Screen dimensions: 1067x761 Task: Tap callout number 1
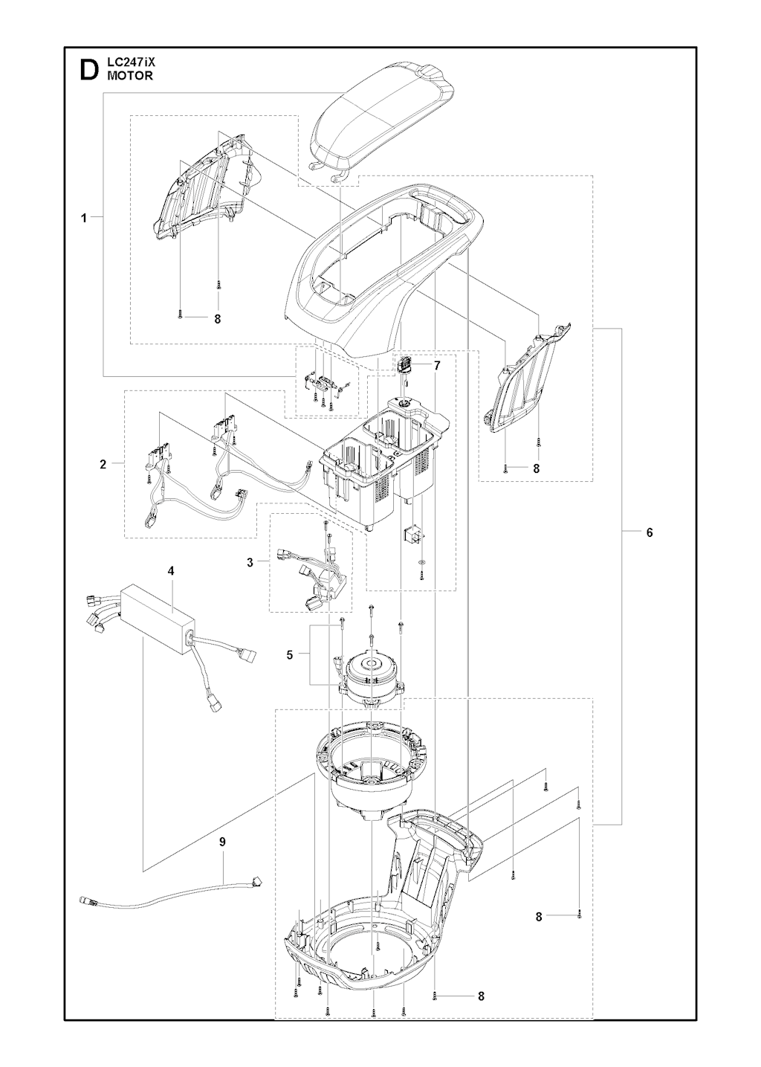83,218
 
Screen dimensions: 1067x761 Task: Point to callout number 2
103,465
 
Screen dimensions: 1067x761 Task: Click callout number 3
250,562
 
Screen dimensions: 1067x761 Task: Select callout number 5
290,654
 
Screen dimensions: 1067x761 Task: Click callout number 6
649,532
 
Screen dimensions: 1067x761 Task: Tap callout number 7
437,366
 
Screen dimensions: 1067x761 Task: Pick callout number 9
221,842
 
